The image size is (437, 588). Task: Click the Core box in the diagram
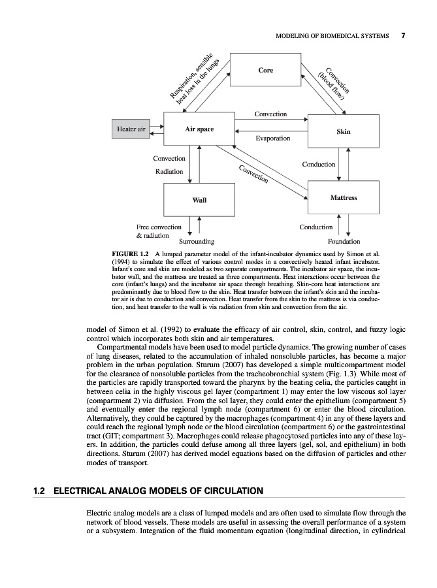265,70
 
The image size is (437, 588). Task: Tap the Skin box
343,131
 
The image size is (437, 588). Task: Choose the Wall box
199,199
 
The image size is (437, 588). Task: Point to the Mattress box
343,197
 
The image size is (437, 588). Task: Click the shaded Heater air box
131,129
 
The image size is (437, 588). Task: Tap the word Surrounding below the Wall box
197,241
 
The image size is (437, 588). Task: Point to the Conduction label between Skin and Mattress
319,165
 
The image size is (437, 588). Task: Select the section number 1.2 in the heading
40,490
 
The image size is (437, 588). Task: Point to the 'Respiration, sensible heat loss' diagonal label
194,80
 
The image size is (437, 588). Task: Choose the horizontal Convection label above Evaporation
270,114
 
